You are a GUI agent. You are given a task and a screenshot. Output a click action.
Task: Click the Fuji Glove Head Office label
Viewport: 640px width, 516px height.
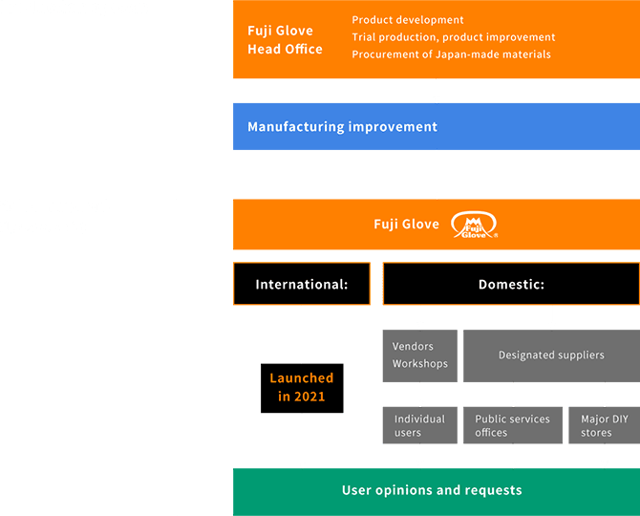click(285, 40)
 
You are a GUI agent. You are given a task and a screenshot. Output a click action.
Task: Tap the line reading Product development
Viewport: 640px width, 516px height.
click(408, 20)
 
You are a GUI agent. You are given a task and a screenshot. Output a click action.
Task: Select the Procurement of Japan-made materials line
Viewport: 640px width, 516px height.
click(451, 54)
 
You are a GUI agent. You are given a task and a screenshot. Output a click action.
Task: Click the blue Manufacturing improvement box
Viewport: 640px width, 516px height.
click(436, 127)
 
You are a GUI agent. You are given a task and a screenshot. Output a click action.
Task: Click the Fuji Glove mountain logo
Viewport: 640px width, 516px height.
click(475, 226)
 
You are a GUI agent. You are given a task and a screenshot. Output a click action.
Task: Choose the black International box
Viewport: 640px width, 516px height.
click(301, 284)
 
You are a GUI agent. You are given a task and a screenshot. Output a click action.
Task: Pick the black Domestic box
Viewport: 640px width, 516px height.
click(511, 284)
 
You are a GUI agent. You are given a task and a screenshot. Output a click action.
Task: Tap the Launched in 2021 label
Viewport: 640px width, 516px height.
click(301, 387)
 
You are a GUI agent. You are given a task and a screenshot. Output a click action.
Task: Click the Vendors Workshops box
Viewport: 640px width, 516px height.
click(419, 355)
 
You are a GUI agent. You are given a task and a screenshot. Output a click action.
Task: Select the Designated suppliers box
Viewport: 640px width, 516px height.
click(551, 355)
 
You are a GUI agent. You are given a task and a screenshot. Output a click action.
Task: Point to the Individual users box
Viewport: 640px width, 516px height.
click(419, 425)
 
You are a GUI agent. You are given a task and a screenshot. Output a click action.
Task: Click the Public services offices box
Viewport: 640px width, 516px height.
click(512, 425)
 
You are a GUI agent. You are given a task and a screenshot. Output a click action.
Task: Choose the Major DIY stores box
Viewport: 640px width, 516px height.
click(604, 425)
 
